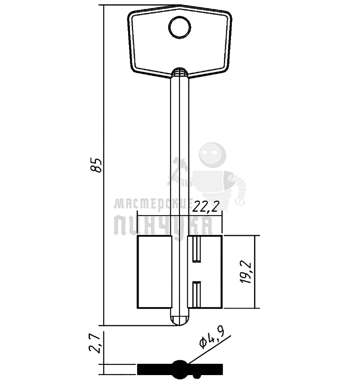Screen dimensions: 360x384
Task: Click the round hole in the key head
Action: click(180, 27)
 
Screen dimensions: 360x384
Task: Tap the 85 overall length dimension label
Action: click(96, 165)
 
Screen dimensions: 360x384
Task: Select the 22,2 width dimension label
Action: click(205, 208)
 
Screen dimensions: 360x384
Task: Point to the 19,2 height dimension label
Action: click(246, 272)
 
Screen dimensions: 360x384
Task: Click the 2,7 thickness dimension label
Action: click(95, 342)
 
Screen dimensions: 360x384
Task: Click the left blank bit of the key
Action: click(154, 272)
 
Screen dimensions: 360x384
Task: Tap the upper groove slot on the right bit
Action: click(197, 249)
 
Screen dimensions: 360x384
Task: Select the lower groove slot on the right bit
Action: click(197, 294)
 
